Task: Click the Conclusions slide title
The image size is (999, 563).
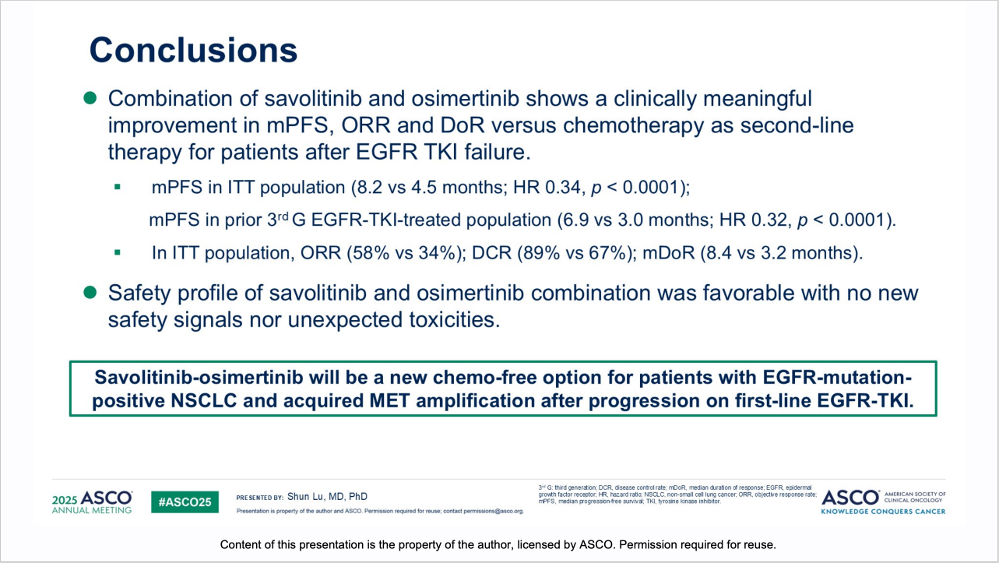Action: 193,50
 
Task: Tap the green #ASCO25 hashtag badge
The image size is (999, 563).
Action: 185,502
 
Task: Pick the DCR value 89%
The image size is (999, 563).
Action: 541,253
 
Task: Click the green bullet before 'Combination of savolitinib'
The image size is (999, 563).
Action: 90,98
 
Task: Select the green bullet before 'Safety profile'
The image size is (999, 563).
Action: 90,293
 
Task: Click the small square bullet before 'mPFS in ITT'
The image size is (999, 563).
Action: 118,188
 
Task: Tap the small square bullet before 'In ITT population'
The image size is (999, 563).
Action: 118,253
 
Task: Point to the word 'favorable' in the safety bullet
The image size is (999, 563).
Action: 749,293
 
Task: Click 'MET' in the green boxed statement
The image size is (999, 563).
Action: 389,400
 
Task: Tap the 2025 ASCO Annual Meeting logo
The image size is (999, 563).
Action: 93,502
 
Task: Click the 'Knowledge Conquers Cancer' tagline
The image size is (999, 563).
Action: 883,512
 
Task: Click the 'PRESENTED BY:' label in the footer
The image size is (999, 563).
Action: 259,498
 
